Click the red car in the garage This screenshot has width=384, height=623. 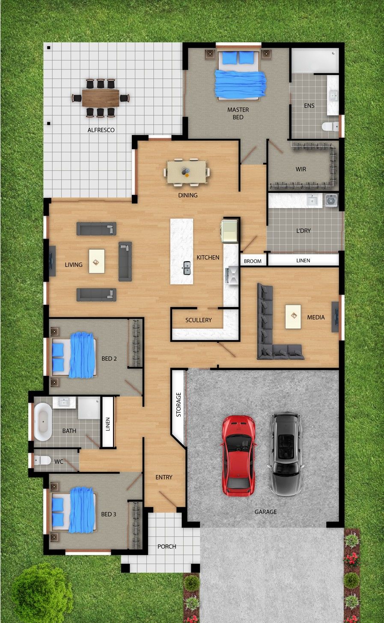coord(238,456)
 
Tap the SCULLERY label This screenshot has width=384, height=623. coord(199,320)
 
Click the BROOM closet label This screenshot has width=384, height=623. coord(253,261)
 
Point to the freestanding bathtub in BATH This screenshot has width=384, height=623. coord(43,422)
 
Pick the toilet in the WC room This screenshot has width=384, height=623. coord(42,460)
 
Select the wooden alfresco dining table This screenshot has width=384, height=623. coord(101,98)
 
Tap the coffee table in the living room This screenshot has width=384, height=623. coord(97,261)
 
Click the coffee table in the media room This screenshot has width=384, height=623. coord(293,316)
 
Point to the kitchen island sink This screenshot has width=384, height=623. coord(187,268)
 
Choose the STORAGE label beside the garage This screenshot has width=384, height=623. coord(179,405)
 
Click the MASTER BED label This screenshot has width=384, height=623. coord(238,113)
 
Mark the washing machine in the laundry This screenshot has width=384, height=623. coord(331,201)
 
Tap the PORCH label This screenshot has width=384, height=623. coord(167,546)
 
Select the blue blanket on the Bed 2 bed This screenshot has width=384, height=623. coord(82,355)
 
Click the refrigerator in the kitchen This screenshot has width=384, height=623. coord(230,231)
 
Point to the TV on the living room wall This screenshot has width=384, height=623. coord(52,261)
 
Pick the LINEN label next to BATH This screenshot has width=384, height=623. coord(108,424)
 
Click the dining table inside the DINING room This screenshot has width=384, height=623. coord(187,172)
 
